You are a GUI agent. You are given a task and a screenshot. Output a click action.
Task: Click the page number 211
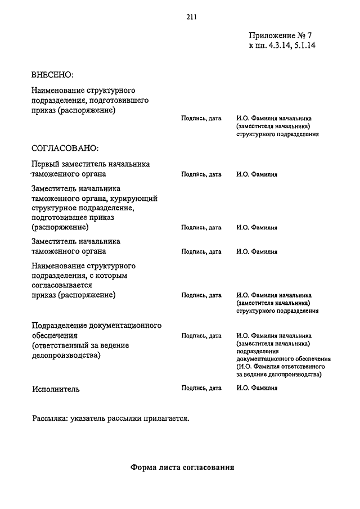tap(191, 16)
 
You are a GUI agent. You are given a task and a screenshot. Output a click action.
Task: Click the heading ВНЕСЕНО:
tap(53, 74)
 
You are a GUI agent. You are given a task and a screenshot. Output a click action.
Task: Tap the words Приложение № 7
tap(280, 35)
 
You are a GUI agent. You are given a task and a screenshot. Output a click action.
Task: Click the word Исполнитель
tap(56, 389)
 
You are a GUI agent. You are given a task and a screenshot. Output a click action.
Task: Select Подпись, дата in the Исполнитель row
tap(201, 388)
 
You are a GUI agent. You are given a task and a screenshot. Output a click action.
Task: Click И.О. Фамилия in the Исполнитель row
tap(257, 388)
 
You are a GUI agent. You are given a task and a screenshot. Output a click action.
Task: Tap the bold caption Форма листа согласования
tap(182, 467)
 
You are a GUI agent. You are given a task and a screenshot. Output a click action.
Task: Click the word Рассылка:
tap(51, 418)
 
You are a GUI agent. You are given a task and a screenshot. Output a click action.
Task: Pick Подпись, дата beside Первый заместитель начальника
tap(201, 175)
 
